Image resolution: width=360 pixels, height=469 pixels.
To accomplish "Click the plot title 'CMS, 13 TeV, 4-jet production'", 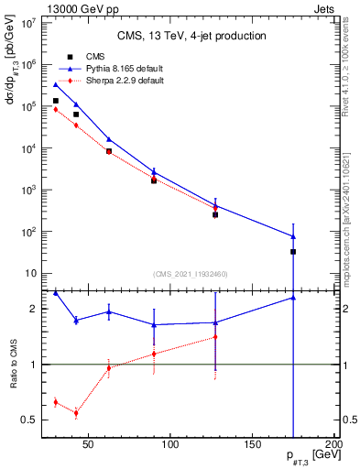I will [x=191, y=36].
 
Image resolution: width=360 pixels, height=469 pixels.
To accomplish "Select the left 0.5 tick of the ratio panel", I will [x=30, y=420].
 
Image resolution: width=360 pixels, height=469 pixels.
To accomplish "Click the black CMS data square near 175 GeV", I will [x=293, y=251].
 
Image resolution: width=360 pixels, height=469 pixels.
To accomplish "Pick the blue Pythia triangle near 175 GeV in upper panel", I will [x=293, y=236].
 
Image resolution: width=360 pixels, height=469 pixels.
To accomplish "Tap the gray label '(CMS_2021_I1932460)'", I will [x=190, y=274].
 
